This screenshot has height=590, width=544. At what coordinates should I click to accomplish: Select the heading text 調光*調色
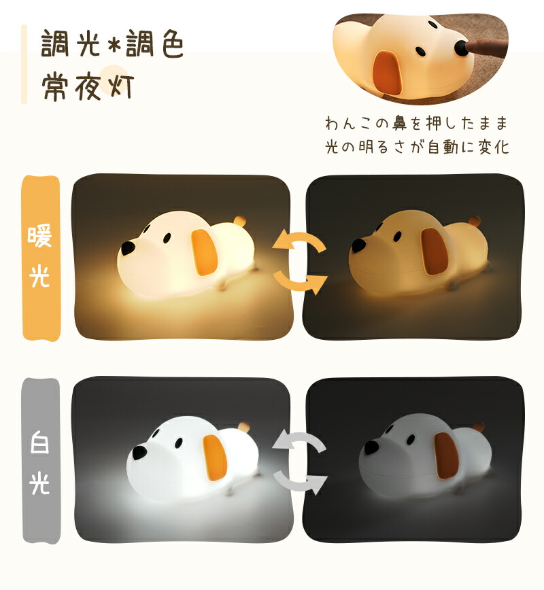[112, 45]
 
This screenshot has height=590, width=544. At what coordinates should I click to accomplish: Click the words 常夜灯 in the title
[88, 86]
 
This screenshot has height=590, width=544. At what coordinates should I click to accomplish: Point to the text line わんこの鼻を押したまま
[417, 124]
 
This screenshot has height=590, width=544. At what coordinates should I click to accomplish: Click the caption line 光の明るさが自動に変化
[417, 147]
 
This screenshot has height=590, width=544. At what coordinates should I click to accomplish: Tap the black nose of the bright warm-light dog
[129, 246]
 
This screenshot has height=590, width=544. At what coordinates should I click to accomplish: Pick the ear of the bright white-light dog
[214, 456]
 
